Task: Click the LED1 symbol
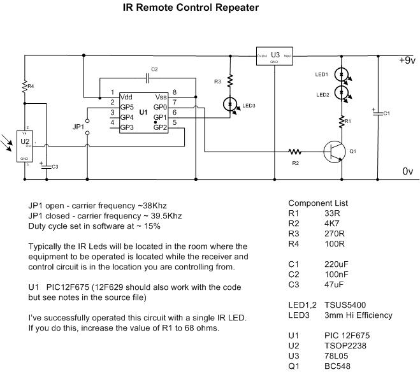(x=342, y=75)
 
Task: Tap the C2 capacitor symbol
(x=147, y=78)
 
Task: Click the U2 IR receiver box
(x=25, y=144)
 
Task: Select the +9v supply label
(x=405, y=61)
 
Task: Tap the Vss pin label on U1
(x=161, y=97)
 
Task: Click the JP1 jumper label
(x=78, y=127)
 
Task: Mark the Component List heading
(x=319, y=203)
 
